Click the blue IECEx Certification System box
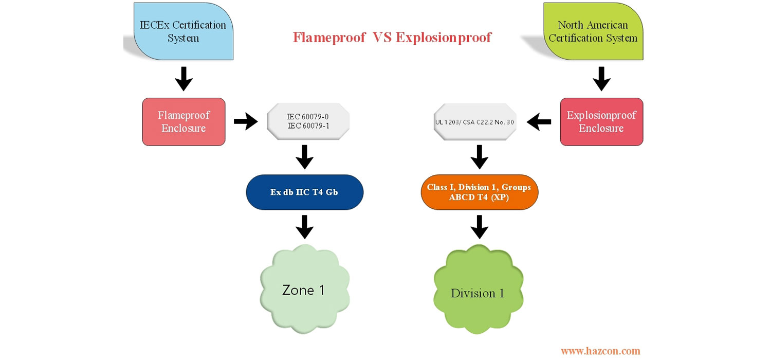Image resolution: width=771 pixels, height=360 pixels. (183, 31)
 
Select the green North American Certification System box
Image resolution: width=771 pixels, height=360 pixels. (592, 31)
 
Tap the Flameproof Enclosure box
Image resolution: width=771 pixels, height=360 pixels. (183, 121)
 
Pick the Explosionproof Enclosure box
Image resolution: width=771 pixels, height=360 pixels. (601, 121)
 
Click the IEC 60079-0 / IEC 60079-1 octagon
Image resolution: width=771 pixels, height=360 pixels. (308, 121)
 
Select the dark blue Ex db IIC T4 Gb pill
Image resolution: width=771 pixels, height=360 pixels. (304, 192)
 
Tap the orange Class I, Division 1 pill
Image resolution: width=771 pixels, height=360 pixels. (479, 192)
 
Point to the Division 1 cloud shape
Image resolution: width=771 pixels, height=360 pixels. (478, 293)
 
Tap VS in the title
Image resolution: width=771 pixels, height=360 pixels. (379, 38)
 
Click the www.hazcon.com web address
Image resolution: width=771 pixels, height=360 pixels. (600, 351)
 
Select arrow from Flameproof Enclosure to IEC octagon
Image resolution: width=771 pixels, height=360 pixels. (246, 122)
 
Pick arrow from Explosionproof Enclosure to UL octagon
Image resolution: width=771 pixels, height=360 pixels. (539, 122)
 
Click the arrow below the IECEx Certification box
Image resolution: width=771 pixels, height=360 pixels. (183, 78)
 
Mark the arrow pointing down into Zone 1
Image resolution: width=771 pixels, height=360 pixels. (304, 227)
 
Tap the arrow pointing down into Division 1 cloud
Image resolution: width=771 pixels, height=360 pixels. (479, 227)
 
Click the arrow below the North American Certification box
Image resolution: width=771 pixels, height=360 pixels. (601, 78)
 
